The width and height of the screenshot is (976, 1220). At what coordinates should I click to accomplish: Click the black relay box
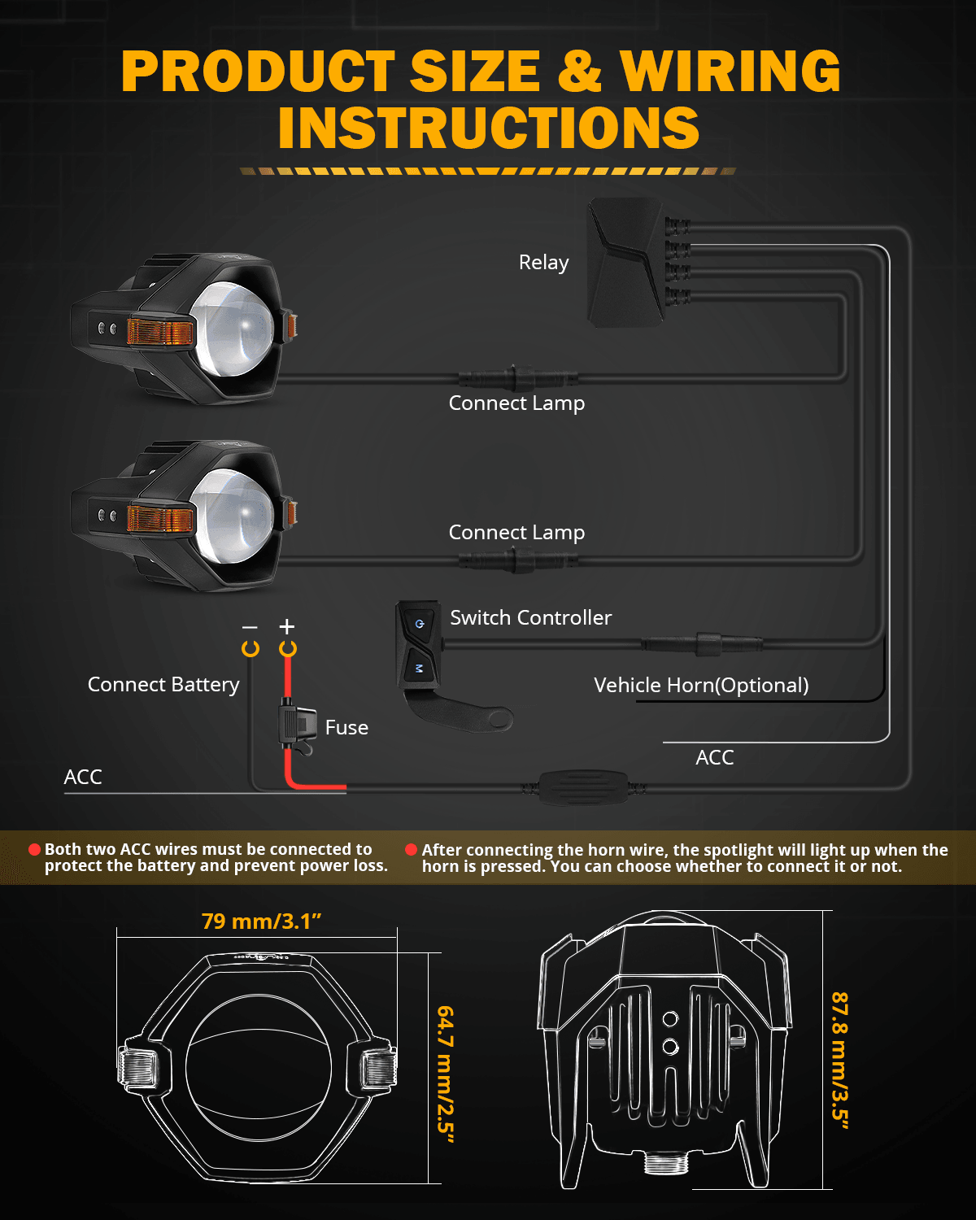[625, 263]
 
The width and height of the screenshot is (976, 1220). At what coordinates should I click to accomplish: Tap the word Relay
[543, 263]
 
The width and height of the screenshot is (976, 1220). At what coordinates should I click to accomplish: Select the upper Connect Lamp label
[516, 403]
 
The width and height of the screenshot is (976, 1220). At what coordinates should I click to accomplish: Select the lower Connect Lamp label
[516, 533]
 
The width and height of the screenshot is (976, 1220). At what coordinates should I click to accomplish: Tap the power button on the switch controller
[419, 624]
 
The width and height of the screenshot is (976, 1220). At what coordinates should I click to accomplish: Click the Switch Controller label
[530, 618]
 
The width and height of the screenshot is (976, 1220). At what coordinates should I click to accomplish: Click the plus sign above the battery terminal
[287, 626]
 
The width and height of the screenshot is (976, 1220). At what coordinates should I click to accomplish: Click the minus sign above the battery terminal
[250, 627]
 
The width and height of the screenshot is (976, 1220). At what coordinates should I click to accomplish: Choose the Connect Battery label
[163, 685]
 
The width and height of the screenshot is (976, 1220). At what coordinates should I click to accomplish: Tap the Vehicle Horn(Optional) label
[701, 686]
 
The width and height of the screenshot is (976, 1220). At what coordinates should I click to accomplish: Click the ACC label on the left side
[83, 778]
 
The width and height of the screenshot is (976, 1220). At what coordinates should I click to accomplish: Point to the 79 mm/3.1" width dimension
[261, 922]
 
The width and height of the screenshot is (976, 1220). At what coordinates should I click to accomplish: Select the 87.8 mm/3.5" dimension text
[839, 1061]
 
